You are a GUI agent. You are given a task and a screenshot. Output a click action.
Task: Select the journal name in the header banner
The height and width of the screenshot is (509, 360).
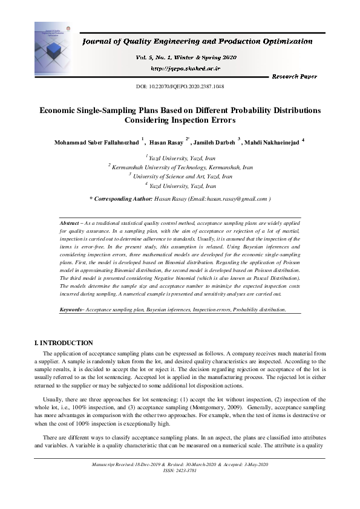(197, 42)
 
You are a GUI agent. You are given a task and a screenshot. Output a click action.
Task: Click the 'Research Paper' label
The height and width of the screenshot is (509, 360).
(294, 77)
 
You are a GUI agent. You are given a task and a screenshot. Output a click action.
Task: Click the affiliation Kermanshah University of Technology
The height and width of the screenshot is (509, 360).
(182, 167)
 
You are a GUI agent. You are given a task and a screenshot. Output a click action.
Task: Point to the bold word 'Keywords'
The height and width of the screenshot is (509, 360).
(72, 310)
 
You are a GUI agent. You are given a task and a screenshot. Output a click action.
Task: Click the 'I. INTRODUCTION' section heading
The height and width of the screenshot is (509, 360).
(64, 343)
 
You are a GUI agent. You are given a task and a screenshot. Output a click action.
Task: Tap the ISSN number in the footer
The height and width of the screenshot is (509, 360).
(180, 469)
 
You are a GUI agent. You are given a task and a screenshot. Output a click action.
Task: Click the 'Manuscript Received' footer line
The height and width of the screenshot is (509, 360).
(180, 464)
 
